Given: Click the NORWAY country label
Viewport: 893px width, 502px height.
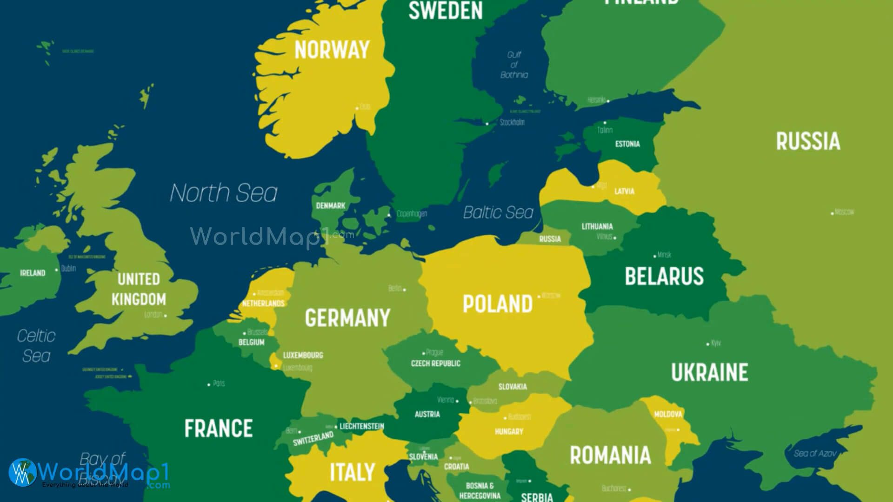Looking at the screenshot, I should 332,50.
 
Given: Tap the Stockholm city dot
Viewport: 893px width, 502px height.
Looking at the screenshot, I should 487,124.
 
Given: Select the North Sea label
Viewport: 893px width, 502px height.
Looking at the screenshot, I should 223,193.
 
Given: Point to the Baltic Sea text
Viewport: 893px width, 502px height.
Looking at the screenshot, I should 498,212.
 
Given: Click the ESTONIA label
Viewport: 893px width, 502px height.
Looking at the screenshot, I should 627,144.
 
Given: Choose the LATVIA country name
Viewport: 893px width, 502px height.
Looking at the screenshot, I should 624,191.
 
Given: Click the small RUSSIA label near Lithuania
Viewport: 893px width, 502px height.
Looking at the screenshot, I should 550,239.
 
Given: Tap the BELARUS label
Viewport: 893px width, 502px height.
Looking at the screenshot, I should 664,276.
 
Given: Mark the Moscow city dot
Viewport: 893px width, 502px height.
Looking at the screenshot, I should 832,213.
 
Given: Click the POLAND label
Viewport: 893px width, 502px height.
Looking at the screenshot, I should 497,304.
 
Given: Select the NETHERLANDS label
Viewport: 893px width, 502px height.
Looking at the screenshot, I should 263,304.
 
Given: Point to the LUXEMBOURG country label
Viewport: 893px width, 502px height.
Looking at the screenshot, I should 303,355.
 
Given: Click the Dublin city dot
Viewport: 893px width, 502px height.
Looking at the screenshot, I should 57,270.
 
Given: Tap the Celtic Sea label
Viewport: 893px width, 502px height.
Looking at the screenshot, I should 36,346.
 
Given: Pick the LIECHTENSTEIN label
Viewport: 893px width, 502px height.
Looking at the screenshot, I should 361,426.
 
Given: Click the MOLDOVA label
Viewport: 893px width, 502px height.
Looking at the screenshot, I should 668,414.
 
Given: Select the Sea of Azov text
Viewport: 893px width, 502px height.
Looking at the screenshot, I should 815,453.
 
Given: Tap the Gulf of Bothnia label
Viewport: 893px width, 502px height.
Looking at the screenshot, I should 514,65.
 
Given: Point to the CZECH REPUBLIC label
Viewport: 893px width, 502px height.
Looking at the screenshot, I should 435,363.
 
